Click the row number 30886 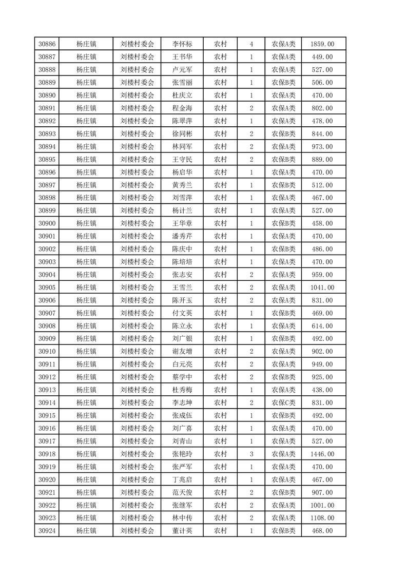47,44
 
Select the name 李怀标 182,44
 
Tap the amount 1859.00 322,44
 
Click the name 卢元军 182,70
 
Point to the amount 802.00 322,108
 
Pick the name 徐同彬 182,134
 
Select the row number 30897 47,185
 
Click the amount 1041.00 322,287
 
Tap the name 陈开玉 182,300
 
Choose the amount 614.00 322,326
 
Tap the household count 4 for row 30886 251,44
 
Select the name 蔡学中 182,377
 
